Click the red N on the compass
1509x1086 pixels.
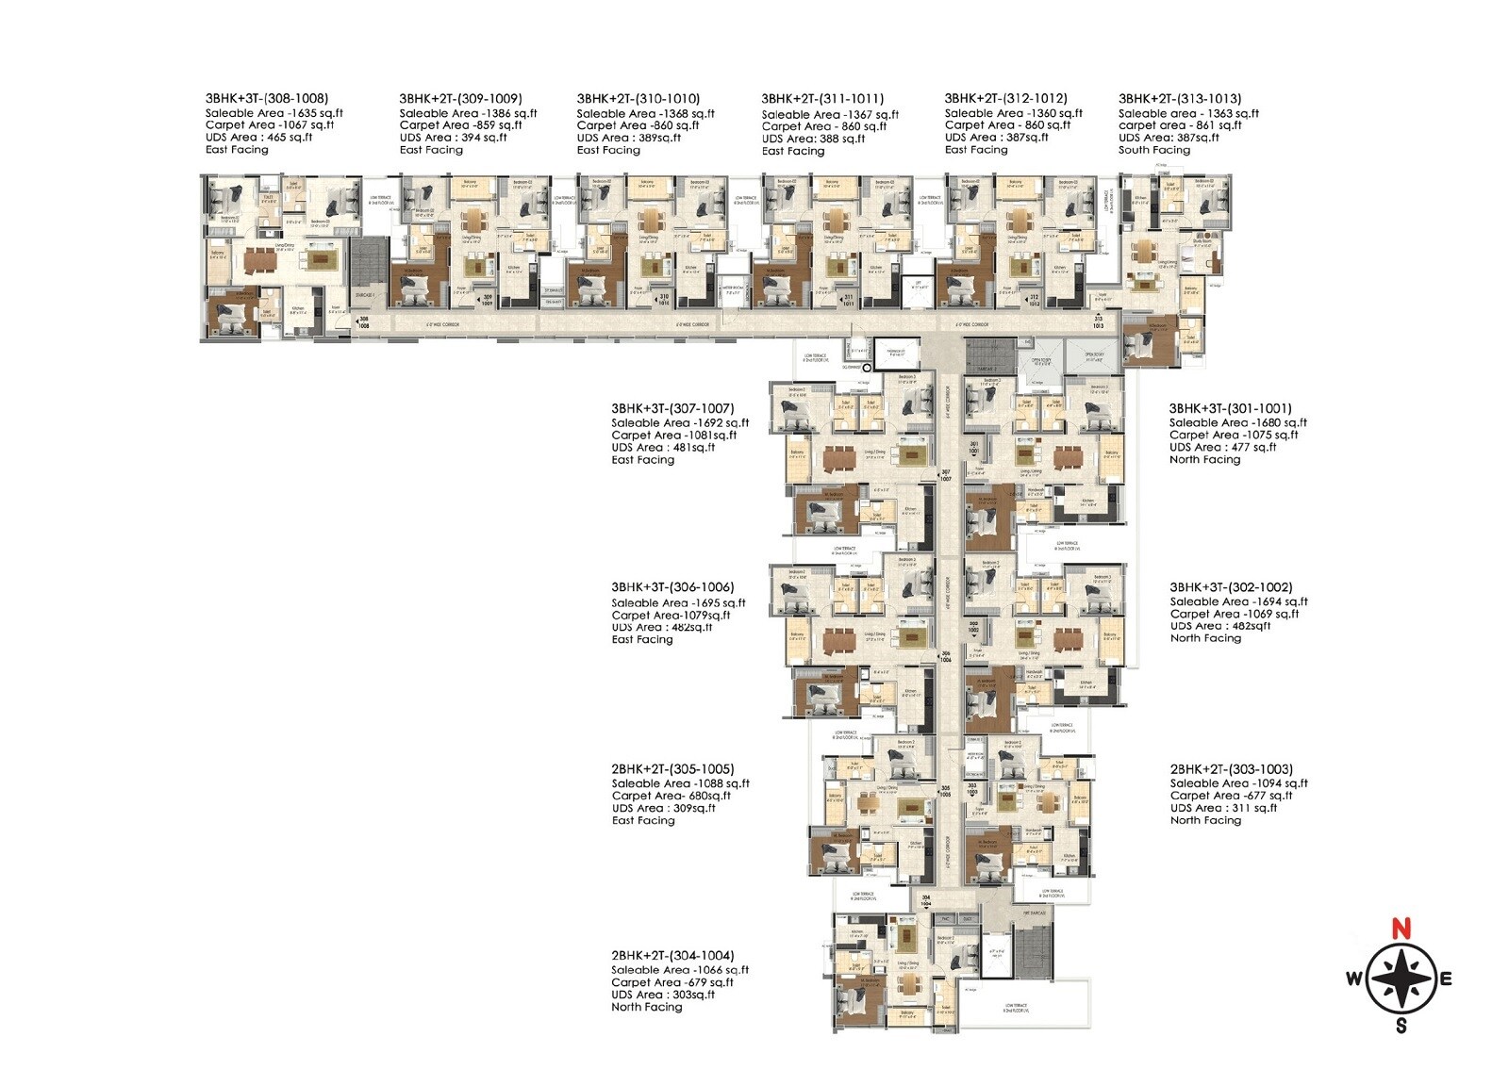1402,929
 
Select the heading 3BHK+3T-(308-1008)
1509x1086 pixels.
267,98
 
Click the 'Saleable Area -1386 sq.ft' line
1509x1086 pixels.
468,113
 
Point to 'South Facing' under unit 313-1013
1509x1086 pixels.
1154,150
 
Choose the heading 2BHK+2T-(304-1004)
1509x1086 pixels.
672,956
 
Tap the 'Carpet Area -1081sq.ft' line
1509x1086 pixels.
673,436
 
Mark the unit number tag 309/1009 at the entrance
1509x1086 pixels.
488,301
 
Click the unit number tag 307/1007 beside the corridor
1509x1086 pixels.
946,476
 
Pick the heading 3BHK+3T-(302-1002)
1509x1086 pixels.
1231,587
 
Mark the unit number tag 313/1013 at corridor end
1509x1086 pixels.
1098,322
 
